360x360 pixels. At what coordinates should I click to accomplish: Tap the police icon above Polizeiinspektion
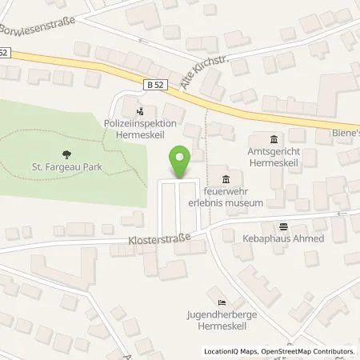point(141,112)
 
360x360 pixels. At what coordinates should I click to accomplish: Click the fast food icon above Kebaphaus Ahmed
point(282,226)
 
